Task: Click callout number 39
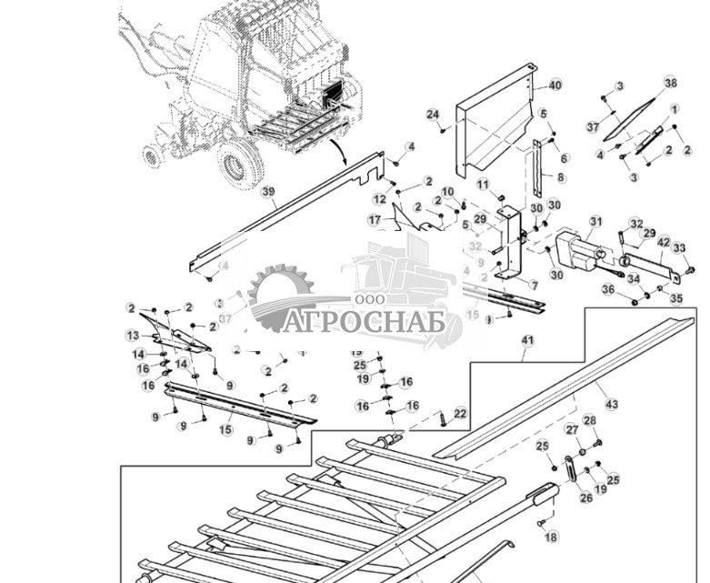click(268, 192)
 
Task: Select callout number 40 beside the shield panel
click(555, 85)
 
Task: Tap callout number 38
click(671, 83)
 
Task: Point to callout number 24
click(433, 115)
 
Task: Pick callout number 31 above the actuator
click(595, 221)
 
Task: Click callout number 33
click(679, 247)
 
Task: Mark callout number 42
click(664, 243)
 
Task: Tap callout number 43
click(611, 404)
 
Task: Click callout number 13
click(133, 336)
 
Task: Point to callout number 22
click(461, 414)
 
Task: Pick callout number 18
click(551, 538)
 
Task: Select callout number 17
click(375, 220)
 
